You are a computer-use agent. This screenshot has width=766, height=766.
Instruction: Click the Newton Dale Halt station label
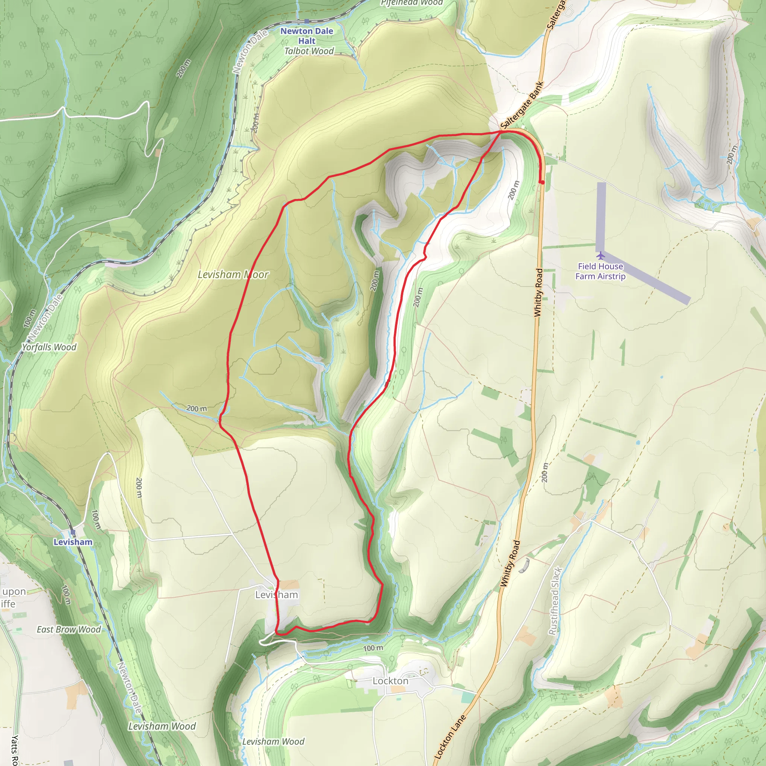(x=306, y=36)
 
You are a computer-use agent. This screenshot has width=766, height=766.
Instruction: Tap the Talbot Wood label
(x=309, y=51)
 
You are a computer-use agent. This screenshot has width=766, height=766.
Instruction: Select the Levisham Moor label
(x=233, y=275)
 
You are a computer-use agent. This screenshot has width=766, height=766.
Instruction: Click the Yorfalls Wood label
(x=49, y=347)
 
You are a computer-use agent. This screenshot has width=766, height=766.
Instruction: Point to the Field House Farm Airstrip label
(x=600, y=271)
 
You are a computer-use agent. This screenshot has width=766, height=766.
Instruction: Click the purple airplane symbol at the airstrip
(x=601, y=255)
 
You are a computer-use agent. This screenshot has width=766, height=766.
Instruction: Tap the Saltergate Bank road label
(x=521, y=105)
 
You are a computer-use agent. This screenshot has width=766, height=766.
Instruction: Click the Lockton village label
(x=390, y=681)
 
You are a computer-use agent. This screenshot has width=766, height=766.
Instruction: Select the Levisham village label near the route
(x=276, y=595)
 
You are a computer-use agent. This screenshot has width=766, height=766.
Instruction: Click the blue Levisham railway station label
(x=73, y=542)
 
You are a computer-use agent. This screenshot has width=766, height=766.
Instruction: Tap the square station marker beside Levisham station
(x=72, y=532)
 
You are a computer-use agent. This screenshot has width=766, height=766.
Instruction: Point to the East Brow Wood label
(x=68, y=629)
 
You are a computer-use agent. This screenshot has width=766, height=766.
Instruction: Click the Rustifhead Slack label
(x=555, y=601)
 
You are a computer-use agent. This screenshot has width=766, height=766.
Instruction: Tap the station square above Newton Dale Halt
(x=306, y=21)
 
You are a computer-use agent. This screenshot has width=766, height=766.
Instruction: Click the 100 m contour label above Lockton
(x=373, y=648)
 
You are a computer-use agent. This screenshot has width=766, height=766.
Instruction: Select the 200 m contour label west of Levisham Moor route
(x=197, y=408)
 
